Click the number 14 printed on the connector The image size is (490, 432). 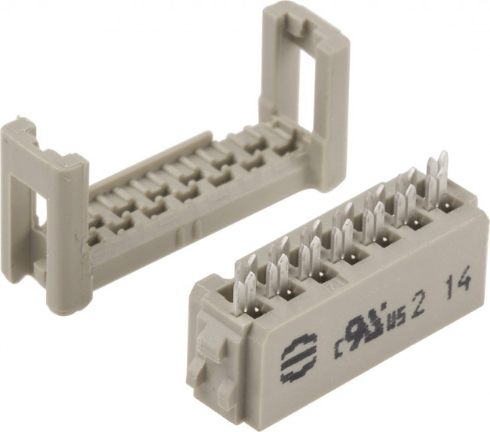click(x=458, y=284)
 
